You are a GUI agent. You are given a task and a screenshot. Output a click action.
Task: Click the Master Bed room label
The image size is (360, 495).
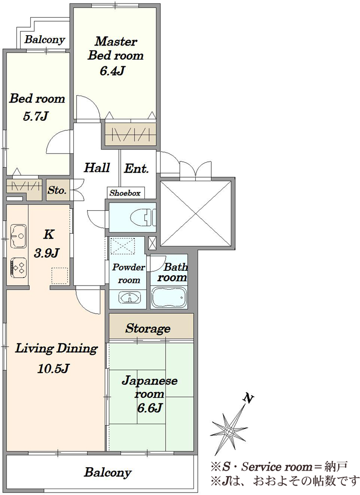[115, 49]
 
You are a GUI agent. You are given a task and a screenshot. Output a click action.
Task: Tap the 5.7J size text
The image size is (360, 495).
[35, 116]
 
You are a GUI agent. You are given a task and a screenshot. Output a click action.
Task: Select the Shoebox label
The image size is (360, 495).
[125, 193]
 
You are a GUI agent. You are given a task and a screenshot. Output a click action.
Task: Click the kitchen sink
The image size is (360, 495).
[18, 236]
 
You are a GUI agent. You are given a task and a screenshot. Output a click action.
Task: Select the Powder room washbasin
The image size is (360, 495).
[130, 297]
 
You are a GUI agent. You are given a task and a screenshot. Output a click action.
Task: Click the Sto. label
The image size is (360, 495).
[57, 191]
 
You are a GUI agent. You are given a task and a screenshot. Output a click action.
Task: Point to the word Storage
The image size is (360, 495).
[148, 328]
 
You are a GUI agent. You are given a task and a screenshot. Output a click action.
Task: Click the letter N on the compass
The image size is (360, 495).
[249, 398]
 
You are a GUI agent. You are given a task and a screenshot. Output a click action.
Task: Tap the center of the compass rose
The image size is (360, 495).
[229, 431]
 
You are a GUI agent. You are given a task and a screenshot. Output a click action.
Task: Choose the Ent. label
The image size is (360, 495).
[136, 169]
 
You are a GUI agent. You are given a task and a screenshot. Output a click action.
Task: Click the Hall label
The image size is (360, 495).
[97, 167]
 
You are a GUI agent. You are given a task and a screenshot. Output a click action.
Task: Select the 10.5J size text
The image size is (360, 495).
[53, 368]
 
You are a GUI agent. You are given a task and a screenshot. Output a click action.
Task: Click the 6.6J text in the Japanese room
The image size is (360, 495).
[149, 408]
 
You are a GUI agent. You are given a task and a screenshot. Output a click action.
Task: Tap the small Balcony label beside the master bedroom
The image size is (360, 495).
[45, 40]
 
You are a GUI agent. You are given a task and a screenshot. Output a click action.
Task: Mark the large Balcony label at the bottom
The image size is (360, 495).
[107, 473]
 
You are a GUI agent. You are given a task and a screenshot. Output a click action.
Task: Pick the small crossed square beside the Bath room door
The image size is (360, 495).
[152, 243]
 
